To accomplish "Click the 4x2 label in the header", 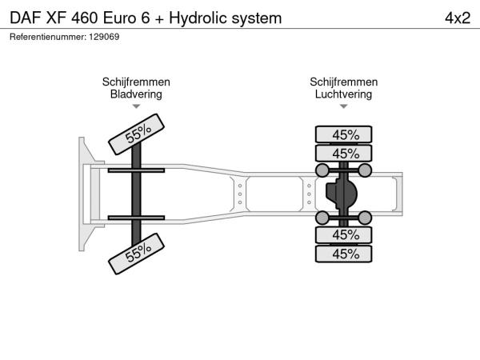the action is [x=458, y=18].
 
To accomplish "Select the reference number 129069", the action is [x=104, y=37].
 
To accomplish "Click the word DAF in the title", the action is [x=26, y=18].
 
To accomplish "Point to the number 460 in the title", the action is [x=85, y=18].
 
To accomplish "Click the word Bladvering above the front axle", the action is [x=136, y=94].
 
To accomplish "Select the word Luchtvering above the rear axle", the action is [x=343, y=94].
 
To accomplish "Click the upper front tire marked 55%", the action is [x=137, y=134].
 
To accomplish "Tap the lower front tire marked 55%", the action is [x=137, y=254].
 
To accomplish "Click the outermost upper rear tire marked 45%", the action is [x=343, y=134].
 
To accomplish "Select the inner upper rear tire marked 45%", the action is [x=343, y=153].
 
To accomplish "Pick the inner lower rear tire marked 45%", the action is [x=343, y=234].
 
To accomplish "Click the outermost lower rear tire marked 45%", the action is [x=343, y=254].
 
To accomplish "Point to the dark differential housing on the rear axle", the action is [x=342, y=194].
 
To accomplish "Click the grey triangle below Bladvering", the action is [x=136, y=106].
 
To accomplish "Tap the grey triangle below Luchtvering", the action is [x=343, y=106].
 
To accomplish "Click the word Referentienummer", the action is [x=48, y=37].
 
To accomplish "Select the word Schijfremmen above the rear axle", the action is [x=343, y=82].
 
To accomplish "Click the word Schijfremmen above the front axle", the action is [x=136, y=82].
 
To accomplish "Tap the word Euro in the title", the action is [x=119, y=18].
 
